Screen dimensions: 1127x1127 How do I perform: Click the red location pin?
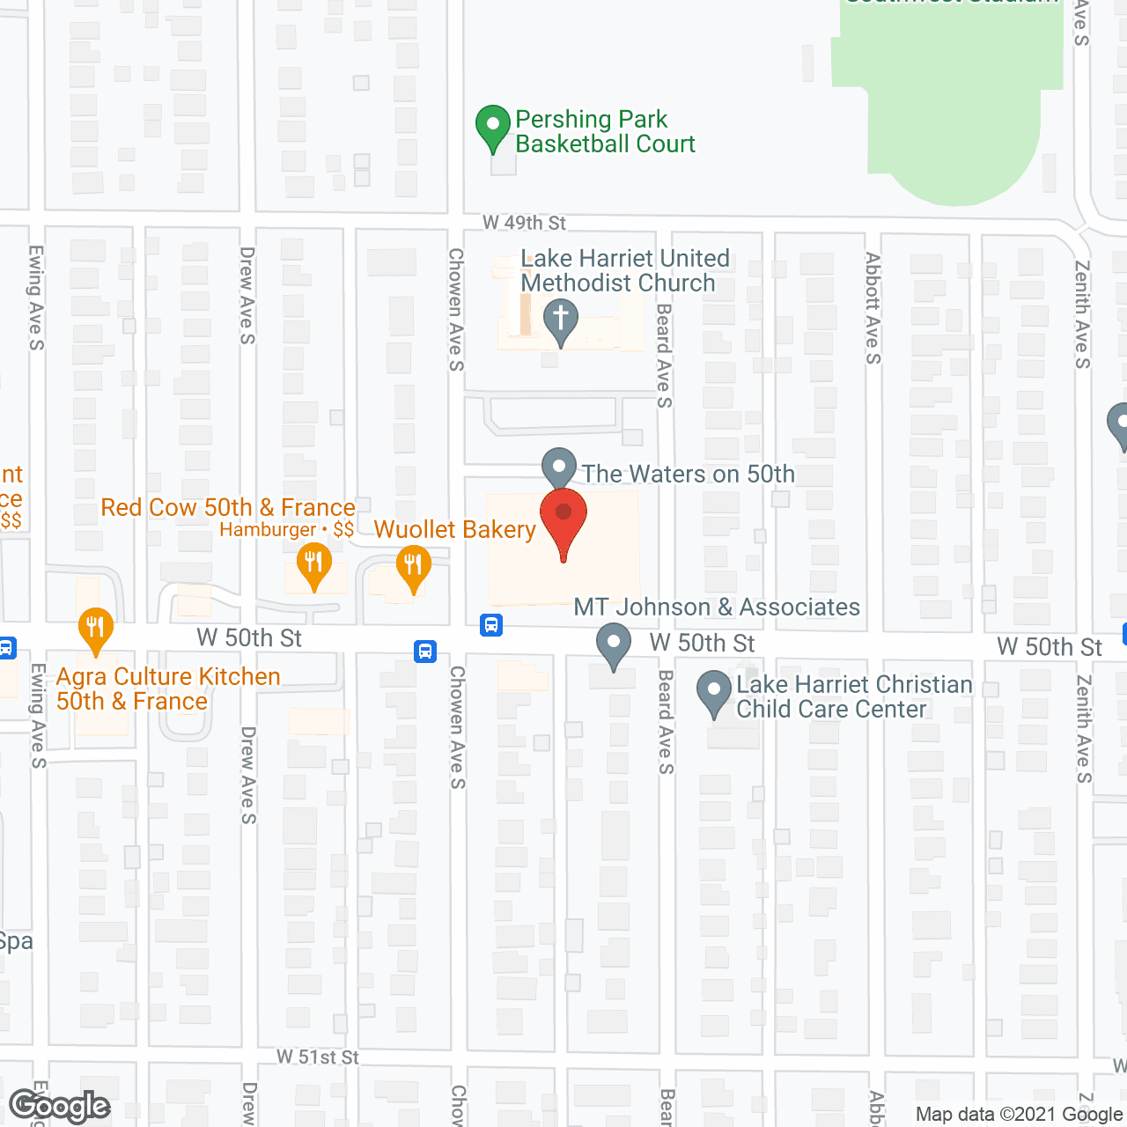pyautogui.click(x=563, y=516)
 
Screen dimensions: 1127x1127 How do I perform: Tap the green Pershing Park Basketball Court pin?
pyautogui.click(x=492, y=127)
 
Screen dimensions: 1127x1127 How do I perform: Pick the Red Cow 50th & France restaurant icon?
pyautogui.click(x=313, y=564)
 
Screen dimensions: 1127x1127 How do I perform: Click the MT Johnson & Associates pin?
pyautogui.click(x=613, y=645)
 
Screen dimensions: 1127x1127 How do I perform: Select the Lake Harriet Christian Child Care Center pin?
pyautogui.click(x=714, y=692)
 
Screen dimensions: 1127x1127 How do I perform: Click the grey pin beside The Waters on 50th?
pyautogui.click(x=558, y=468)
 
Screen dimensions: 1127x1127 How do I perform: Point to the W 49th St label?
pyautogui.click(x=524, y=223)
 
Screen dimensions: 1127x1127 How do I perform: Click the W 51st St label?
pyautogui.click(x=318, y=1057)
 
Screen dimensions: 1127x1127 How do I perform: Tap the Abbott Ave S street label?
pyautogui.click(x=873, y=307)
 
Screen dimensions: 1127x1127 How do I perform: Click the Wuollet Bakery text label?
pyautogui.click(x=455, y=529)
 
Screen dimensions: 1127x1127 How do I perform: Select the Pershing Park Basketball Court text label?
pyautogui.click(x=605, y=131)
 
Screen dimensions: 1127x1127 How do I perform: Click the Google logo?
pyautogui.click(x=60, y=1106)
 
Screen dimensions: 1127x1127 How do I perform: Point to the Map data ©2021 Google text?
pyautogui.click(x=1019, y=1114)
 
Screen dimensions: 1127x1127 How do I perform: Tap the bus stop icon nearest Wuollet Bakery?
pyautogui.click(x=491, y=625)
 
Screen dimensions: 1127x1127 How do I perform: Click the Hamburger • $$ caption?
pyautogui.click(x=287, y=529)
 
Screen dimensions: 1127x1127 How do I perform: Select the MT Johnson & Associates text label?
pyautogui.click(x=717, y=607)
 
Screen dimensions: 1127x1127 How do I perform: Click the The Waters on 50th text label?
pyautogui.click(x=689, y=474)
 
